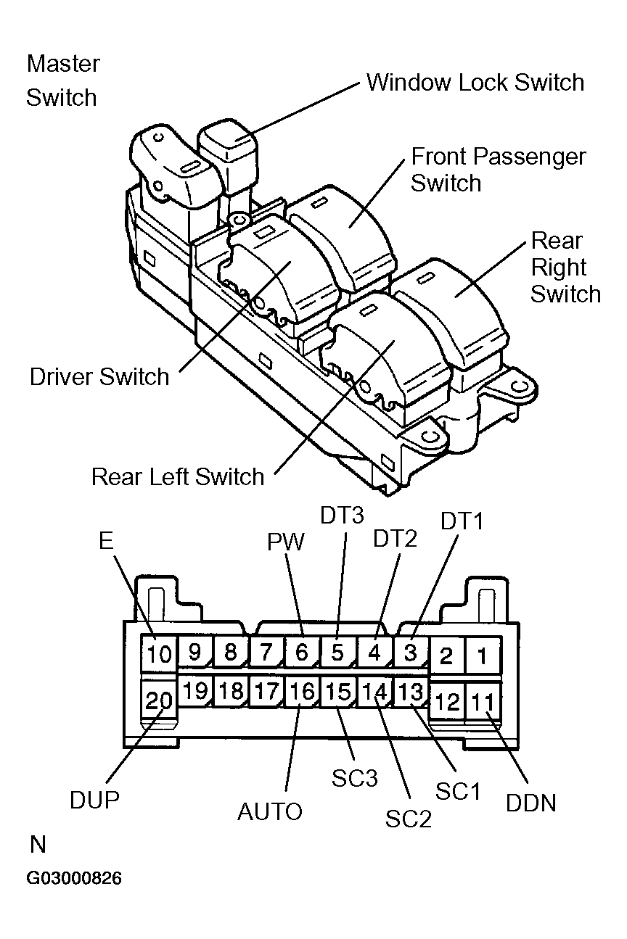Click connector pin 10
tap(157, 655)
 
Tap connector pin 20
tap(157, 700)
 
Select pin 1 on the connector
tap(481, 655)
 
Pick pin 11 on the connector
tap(481, 701)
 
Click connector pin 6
tap(301, 652)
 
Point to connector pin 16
tap(301, 692)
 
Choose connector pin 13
tap(410, 692)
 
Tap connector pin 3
tap(410, 652)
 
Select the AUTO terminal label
tap(270, 811)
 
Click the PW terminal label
tap(286, 542)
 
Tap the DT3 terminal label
tap(342, 516)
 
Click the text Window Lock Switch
tap(475, 83)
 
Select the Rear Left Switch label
tap(178, 476)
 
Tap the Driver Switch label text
tap(99, 377)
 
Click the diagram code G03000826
tap(74, 879)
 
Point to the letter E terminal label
tap(106, 541)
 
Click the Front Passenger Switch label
tap(498, 169)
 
